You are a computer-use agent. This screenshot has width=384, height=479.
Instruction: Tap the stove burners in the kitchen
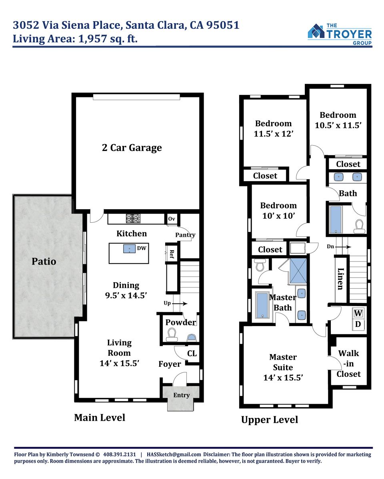[133, 218]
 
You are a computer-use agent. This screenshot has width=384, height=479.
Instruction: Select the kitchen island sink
[130, 249]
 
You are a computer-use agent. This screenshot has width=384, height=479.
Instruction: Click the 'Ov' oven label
[171, 219]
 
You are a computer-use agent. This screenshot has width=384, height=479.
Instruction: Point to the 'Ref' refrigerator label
[172, 254]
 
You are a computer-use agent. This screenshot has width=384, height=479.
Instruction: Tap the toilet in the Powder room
[172, 335]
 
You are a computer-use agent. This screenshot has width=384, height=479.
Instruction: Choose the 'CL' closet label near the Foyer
[192, 354]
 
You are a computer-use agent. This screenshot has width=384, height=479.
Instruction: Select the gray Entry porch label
[182, 395]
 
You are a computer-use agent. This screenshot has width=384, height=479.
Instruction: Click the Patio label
[44, 261]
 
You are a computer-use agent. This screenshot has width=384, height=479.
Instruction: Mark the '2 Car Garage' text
[132, 148]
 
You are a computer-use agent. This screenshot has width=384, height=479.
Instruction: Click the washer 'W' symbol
[358, 313]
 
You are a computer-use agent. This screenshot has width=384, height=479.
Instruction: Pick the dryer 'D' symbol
[358, 324]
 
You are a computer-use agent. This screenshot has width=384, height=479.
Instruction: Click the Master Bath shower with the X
[298, 271]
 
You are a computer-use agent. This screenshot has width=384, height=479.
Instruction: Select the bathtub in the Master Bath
[262, 305]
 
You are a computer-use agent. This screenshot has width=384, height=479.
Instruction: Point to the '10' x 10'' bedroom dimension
[279, 216]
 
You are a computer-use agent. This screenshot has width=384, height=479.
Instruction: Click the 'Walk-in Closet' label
[348, 364]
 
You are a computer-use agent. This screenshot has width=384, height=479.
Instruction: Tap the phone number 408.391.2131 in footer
[119, 454]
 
